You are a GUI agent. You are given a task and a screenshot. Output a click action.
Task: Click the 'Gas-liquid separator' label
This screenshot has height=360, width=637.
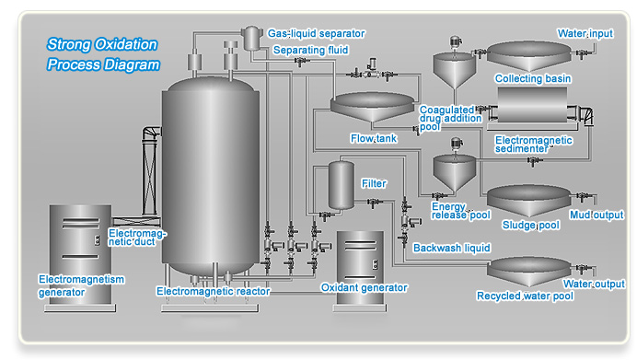click(316, 33)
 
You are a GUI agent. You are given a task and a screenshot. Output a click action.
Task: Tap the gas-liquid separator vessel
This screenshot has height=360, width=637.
click(252, 38)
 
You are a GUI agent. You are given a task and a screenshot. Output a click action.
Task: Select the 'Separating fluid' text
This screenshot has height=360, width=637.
click(310, 50)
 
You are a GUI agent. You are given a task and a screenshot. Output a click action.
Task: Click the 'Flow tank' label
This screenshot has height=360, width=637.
click(374, 138)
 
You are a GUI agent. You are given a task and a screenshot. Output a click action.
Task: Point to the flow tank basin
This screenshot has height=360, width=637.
click(372, 107)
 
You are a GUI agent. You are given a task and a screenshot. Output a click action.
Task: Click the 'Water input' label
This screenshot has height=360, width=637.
click(585, 33)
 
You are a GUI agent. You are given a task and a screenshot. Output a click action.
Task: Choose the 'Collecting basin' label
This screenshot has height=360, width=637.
click(533, 78)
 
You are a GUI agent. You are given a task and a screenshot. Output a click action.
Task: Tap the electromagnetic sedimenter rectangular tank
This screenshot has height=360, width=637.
click(532, 105)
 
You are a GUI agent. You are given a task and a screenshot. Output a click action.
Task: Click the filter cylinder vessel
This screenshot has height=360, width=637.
click(342, 185)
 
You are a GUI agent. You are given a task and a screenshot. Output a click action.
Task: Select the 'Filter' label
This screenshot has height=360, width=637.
click(374, 183)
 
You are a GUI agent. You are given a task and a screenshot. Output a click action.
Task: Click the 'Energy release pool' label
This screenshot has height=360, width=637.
click(460, 211)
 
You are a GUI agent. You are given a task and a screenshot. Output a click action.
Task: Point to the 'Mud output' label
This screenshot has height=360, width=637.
click(596, 215)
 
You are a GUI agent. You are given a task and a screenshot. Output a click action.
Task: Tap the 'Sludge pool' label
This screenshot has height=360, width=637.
click(530, 225)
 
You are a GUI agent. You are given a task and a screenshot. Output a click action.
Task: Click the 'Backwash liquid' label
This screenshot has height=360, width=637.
click(451, 248)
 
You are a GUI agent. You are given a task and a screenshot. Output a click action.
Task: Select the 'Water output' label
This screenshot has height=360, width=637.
click(594, 284)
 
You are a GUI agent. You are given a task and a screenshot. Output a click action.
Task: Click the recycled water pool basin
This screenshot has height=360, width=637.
click(529, 271)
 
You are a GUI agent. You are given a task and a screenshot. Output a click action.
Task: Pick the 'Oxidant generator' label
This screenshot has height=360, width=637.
click(364, 287)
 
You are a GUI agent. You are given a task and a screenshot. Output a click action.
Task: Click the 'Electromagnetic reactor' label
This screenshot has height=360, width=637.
click(214, 291)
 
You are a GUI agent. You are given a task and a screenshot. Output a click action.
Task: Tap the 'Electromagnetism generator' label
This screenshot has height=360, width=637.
click(81, 285)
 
